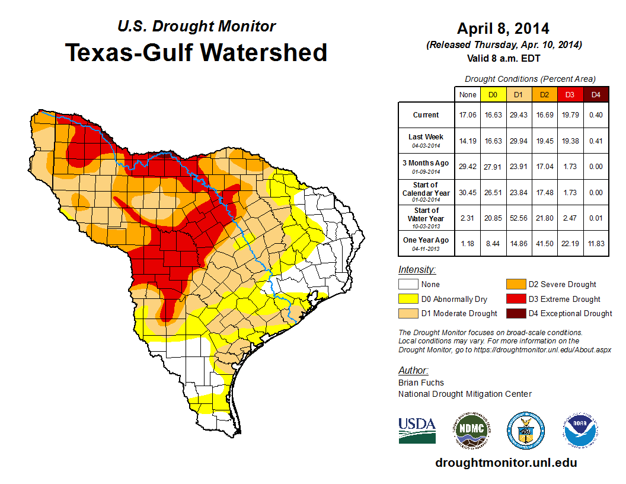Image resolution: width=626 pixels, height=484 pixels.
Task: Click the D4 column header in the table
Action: click(x=596, y=95)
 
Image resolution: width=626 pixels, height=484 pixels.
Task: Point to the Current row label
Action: click(x=426, y=115)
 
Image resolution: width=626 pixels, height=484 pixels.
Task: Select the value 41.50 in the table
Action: click(x=544, y=243)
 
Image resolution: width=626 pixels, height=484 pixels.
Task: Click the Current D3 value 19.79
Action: click(x=570, y=115)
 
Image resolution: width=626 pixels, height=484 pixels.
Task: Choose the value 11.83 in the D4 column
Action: click(x=596, y=243)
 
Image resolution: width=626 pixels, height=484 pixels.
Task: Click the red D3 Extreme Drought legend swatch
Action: click(x=514, y=299)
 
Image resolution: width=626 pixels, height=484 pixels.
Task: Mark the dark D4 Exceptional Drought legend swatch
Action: click(x=514, y=313)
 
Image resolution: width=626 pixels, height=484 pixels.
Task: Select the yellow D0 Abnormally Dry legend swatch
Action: click(x=408, y=299)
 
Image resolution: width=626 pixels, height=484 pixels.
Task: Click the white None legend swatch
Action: click(x=408, y=285)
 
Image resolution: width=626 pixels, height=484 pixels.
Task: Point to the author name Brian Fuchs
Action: click(x=421, y=383)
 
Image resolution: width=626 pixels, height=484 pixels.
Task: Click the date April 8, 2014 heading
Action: click(x=503, y=28)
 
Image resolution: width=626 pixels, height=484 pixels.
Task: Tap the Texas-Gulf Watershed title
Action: click(x=196, y=53)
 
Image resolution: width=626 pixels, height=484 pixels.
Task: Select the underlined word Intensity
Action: click(x=417, y=270)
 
